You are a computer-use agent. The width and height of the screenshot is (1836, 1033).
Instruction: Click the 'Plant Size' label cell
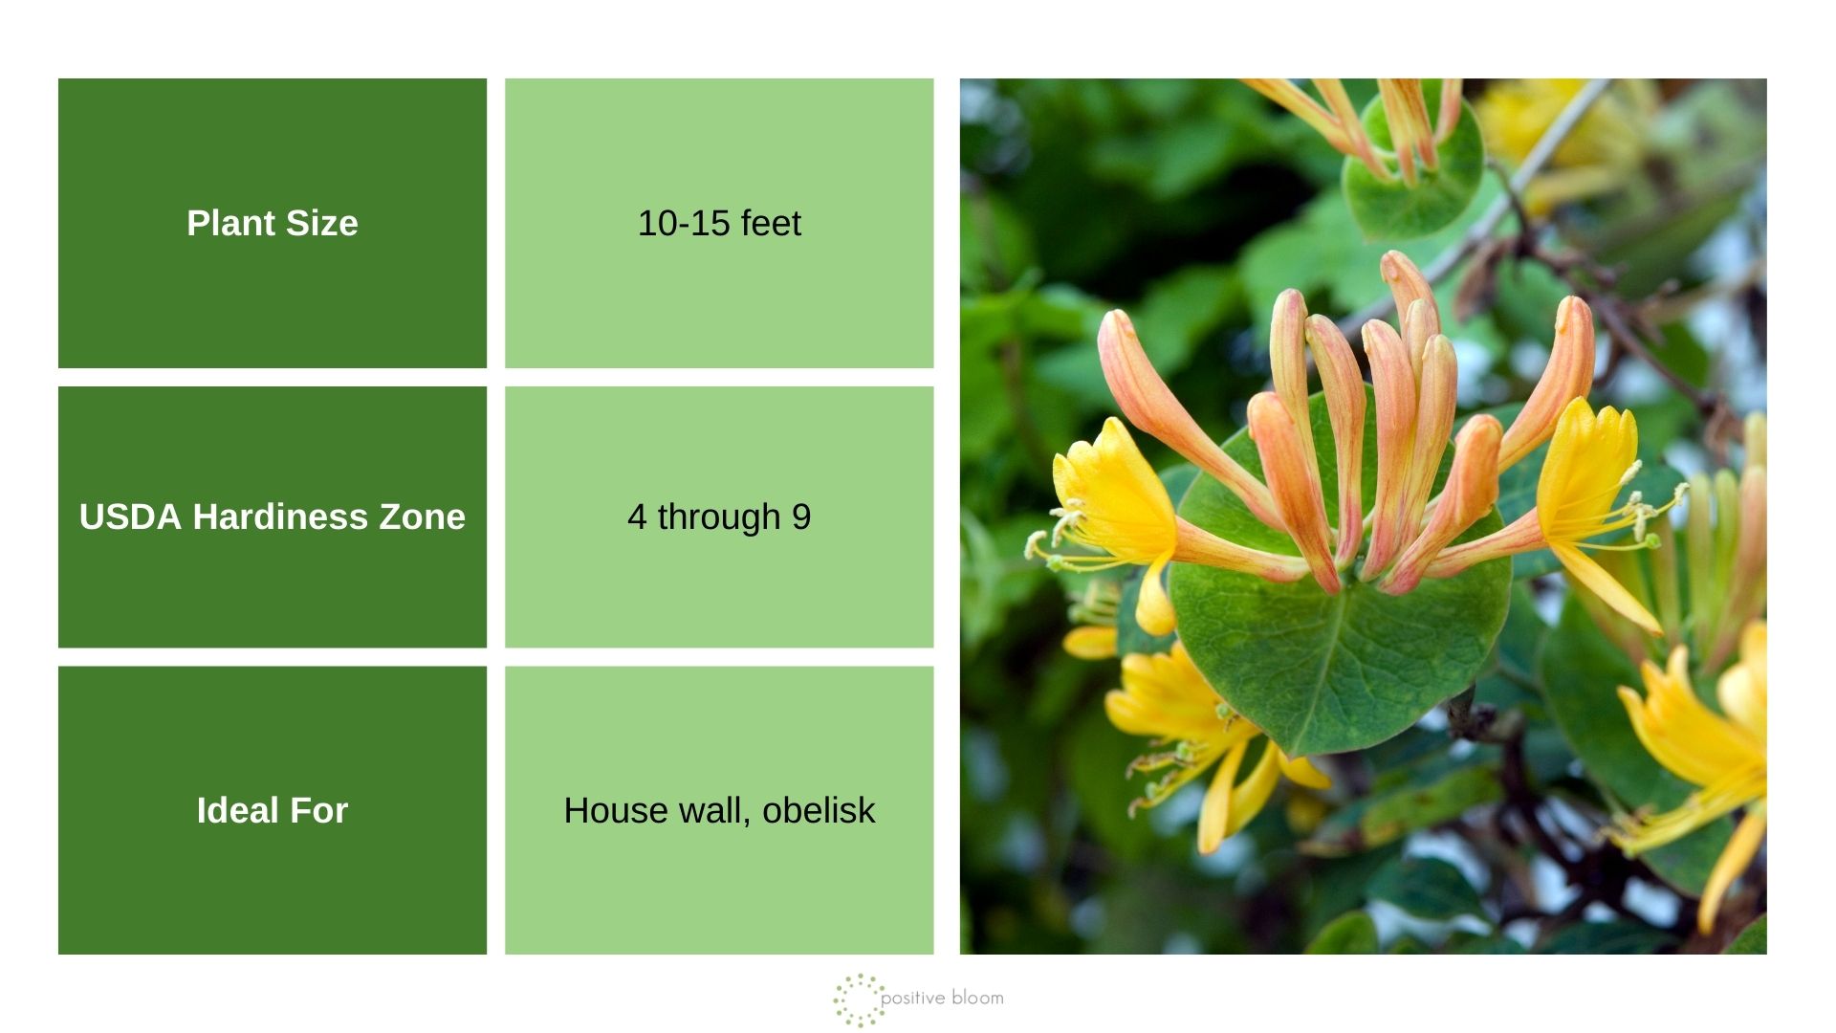tap(272, 223)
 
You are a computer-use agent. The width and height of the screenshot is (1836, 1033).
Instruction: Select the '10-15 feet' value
tap(719, 223)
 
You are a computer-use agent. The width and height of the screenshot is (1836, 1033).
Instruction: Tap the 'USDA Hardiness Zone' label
tap(272, 516)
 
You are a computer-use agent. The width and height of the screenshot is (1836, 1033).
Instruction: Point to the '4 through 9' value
tap(719, 516)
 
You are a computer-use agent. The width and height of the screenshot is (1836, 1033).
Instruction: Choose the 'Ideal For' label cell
tap(272, 810)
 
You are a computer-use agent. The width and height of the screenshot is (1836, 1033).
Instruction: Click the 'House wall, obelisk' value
tap(719, 810)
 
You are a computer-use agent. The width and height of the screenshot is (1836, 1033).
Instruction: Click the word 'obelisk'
tap(819, 810)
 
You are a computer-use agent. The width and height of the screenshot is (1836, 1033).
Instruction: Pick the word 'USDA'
tap(130, 516)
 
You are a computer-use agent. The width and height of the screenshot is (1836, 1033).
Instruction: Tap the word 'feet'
tap(771, 223)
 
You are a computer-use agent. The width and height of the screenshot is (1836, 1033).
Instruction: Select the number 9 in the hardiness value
tap(801, 516)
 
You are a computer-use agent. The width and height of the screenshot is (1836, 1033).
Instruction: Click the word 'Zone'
tap(423, 516)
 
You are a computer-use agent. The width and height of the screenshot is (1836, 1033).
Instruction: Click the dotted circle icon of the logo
tap(858, 1000)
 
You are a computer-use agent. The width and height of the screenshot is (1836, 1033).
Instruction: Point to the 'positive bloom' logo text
tap(942, 998)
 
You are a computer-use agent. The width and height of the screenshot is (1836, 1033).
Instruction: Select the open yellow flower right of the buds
tap(1592, 478)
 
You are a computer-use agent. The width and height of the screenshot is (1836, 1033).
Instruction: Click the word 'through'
tap(718, 516)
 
